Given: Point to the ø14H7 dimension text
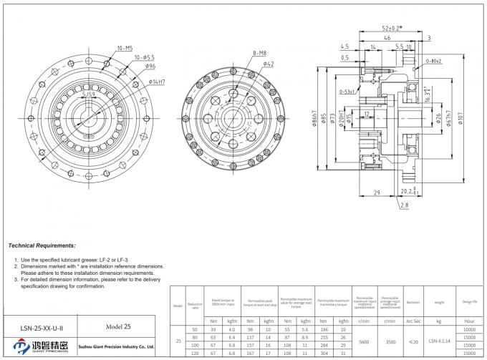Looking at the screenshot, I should [157, 82].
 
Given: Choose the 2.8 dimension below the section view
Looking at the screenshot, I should [404, 205].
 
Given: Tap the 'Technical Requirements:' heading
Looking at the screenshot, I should [42, 245].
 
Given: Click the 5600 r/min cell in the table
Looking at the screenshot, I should [364, 342].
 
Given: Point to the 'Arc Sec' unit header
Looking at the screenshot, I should [413, 321].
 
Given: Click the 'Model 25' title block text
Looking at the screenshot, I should [118, 326].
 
